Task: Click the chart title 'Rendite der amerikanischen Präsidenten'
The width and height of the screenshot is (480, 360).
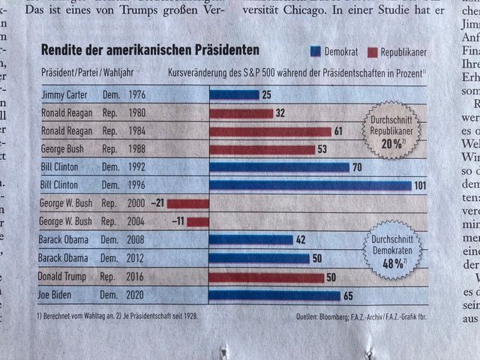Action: click(149, 49)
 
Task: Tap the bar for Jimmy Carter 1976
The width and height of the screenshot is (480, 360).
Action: click(234, 94)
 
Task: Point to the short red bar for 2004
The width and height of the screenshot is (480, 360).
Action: click(197, 221)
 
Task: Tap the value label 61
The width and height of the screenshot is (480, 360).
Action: click(338, 131)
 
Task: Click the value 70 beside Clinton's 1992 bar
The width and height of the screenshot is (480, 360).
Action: click(358, 166)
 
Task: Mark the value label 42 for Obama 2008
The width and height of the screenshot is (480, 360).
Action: click(301, 240)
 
